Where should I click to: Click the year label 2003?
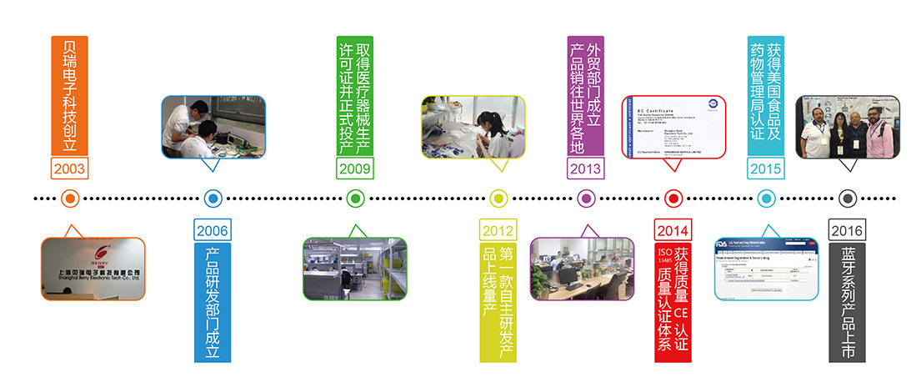pos(69,168)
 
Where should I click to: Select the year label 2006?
pos(213,230)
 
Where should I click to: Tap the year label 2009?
pos(355,168)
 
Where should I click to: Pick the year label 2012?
pos(498,230)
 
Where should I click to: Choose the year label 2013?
pos(585,168)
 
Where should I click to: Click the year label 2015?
pos(766,168)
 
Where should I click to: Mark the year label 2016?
pos(847,230)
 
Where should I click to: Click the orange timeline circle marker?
pos(70,199)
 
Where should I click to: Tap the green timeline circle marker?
pos(355,199)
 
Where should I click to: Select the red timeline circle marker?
pos(673,199)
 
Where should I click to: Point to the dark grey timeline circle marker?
pos(847,199)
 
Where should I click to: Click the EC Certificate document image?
pos(673,127)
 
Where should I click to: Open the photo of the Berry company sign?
pos(93,269)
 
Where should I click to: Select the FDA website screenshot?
pos(766,269)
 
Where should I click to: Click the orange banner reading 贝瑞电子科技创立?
pos(69,94)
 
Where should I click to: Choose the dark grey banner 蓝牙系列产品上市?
pos(847,302)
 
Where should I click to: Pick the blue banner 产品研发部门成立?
pos(213,302)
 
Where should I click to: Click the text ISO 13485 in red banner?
pos(664,259)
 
